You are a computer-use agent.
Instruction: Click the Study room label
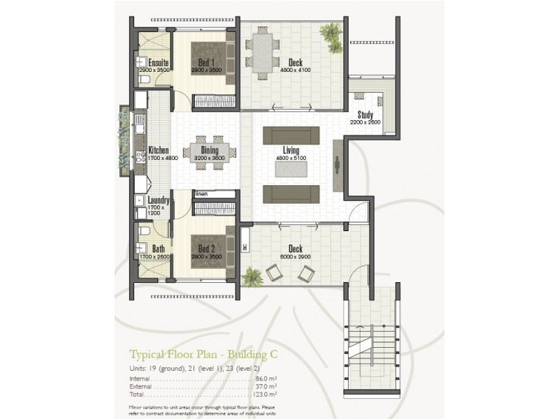tap(365, 115)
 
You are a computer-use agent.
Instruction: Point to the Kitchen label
tap(159, 150)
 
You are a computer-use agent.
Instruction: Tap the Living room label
tap(291, 150)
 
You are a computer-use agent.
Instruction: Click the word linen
tap(202, 193)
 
